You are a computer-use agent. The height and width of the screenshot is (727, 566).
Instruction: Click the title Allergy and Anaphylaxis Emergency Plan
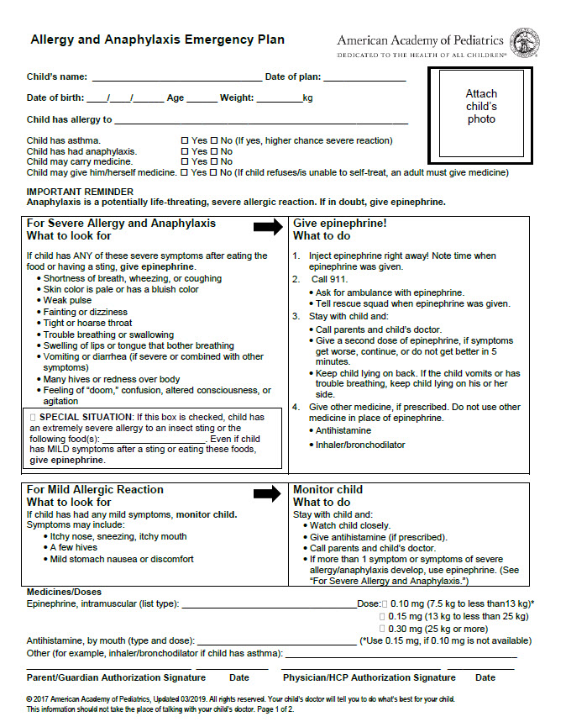(157, 40)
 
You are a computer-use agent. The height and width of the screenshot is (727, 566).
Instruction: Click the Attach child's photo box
(480, 107)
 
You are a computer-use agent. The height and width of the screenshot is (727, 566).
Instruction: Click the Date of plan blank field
(364, 78)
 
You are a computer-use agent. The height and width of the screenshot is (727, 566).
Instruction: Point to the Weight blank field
(279, 99)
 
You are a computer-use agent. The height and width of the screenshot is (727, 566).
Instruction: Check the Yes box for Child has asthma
(185, 140)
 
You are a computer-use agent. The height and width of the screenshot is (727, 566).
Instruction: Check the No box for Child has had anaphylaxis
(214, 151)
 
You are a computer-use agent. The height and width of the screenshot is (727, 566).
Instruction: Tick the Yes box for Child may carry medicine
(185, 162)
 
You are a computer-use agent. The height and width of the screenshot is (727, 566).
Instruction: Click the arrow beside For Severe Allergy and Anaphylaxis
(269, 227)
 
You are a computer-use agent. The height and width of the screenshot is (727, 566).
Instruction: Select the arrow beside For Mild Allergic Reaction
(269, 493)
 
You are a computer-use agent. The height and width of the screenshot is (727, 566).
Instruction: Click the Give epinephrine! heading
(339, 224)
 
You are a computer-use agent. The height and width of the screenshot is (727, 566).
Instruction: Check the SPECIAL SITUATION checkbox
(33, 417)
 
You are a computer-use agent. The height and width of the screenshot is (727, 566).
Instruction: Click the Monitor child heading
(328, 490)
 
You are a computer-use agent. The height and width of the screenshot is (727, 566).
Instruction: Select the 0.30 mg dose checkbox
(384, 628)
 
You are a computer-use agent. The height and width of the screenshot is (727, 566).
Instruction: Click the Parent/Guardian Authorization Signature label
(116, 677)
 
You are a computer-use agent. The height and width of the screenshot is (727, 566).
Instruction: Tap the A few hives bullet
(74, 547)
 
